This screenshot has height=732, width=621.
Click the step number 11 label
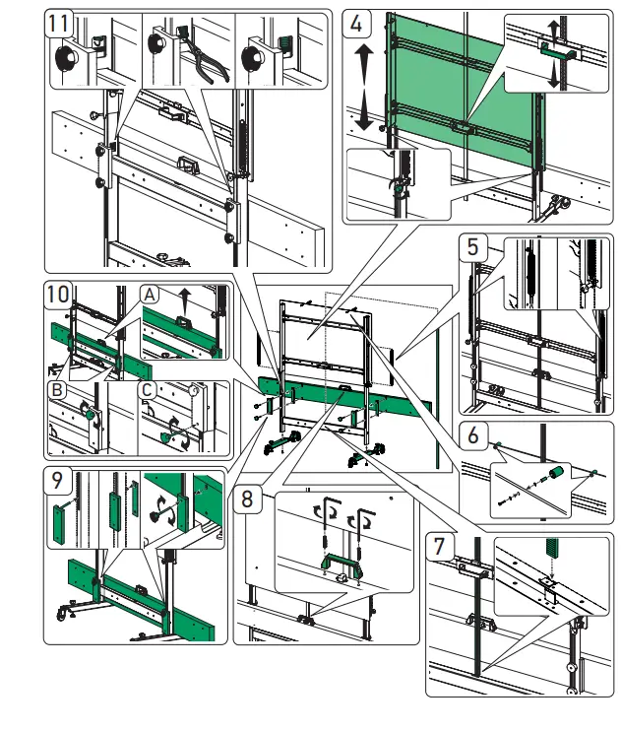click(x=59, y=24)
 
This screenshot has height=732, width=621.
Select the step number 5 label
click(x=474, y=245)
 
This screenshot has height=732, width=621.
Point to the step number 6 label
click(x=474, y=434)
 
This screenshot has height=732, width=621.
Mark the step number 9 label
click(x=59, y=482)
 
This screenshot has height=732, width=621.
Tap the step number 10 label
click(x=59, y=294)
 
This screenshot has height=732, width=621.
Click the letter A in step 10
click(x=150, y=294)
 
